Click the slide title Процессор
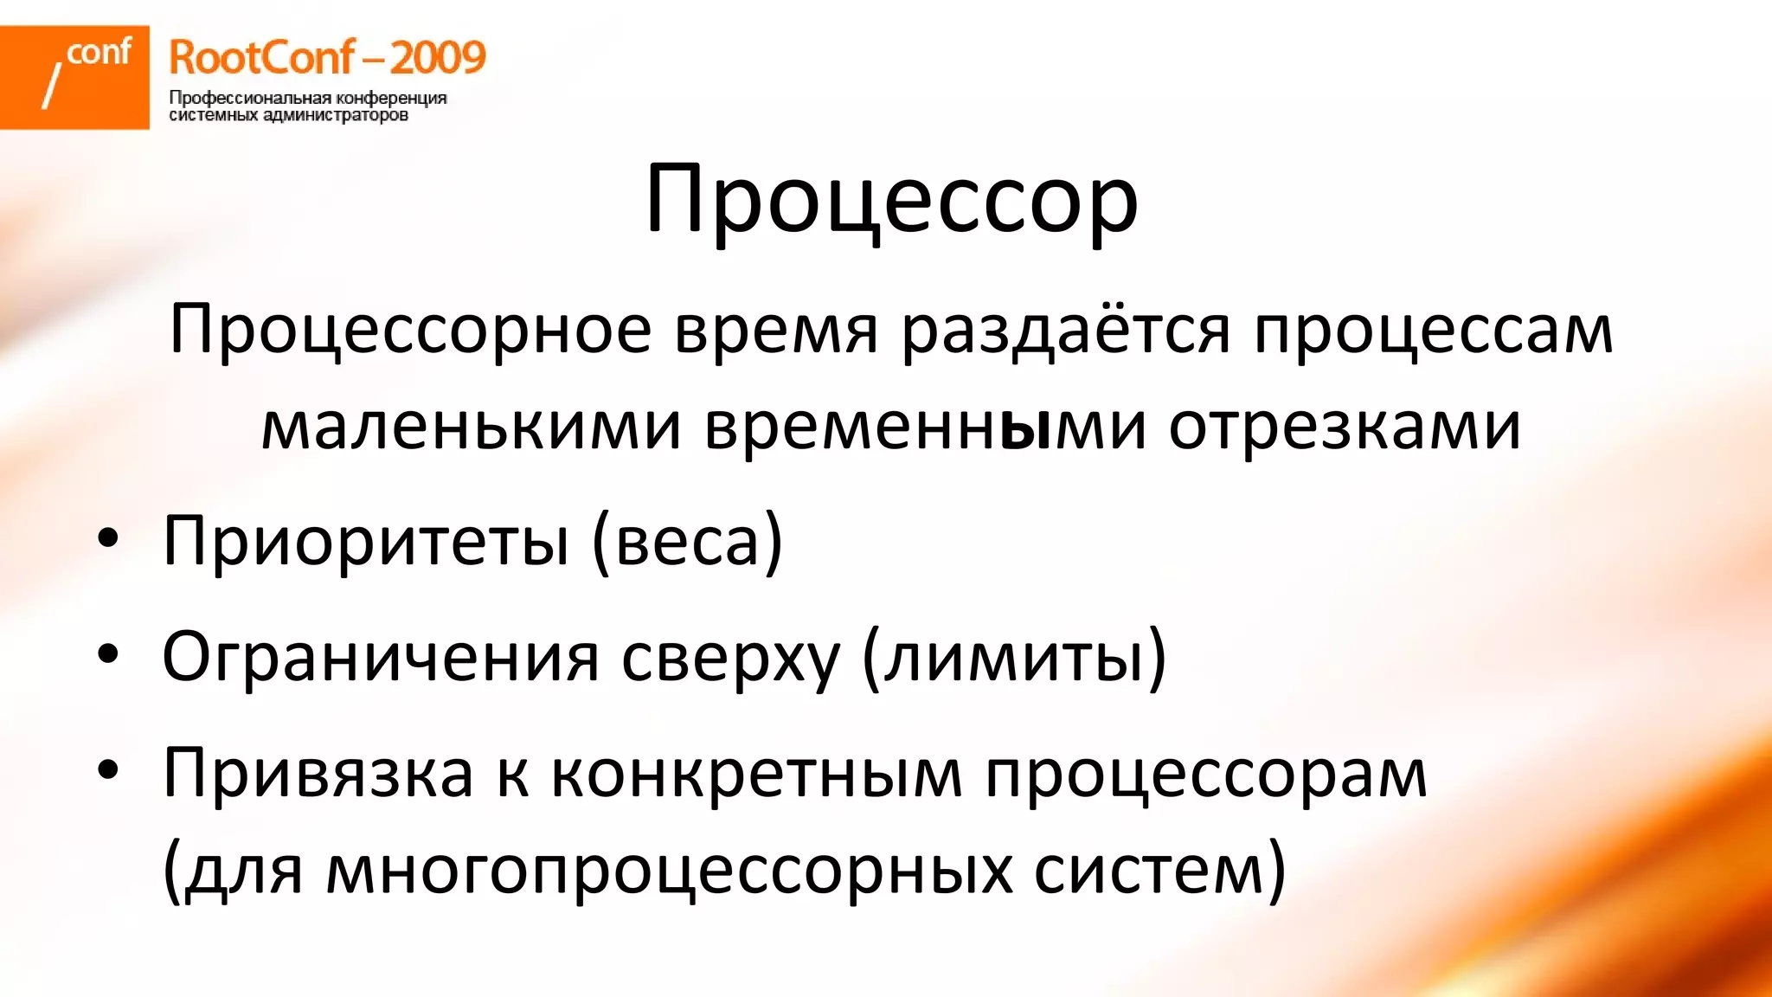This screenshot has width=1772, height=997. pyautogui.click(x=891, y=202)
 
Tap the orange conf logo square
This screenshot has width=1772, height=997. pyautogui.click(x=74, y=77)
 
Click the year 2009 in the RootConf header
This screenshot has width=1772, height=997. pyautogui.click(x=438, y=58)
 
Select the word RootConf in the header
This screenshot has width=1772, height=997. pyautogui.click(x=261, y=58)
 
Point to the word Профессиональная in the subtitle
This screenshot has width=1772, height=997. pyautogui.click(x=250, y=98)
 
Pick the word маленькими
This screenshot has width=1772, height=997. pyautogui.click(x=472, y=428)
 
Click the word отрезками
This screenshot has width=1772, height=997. pyautogui.click(x=1345, y=428)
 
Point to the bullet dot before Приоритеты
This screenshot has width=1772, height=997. pyautogui.click(x=107, y=538)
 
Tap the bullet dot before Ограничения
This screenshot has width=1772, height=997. pyautogui.click(x=107, y=654)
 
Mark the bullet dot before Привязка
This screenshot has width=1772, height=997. pyautogui.click(x=107, y=769)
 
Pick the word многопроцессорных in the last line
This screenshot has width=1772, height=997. pyautogui.click(x=669, y=870)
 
